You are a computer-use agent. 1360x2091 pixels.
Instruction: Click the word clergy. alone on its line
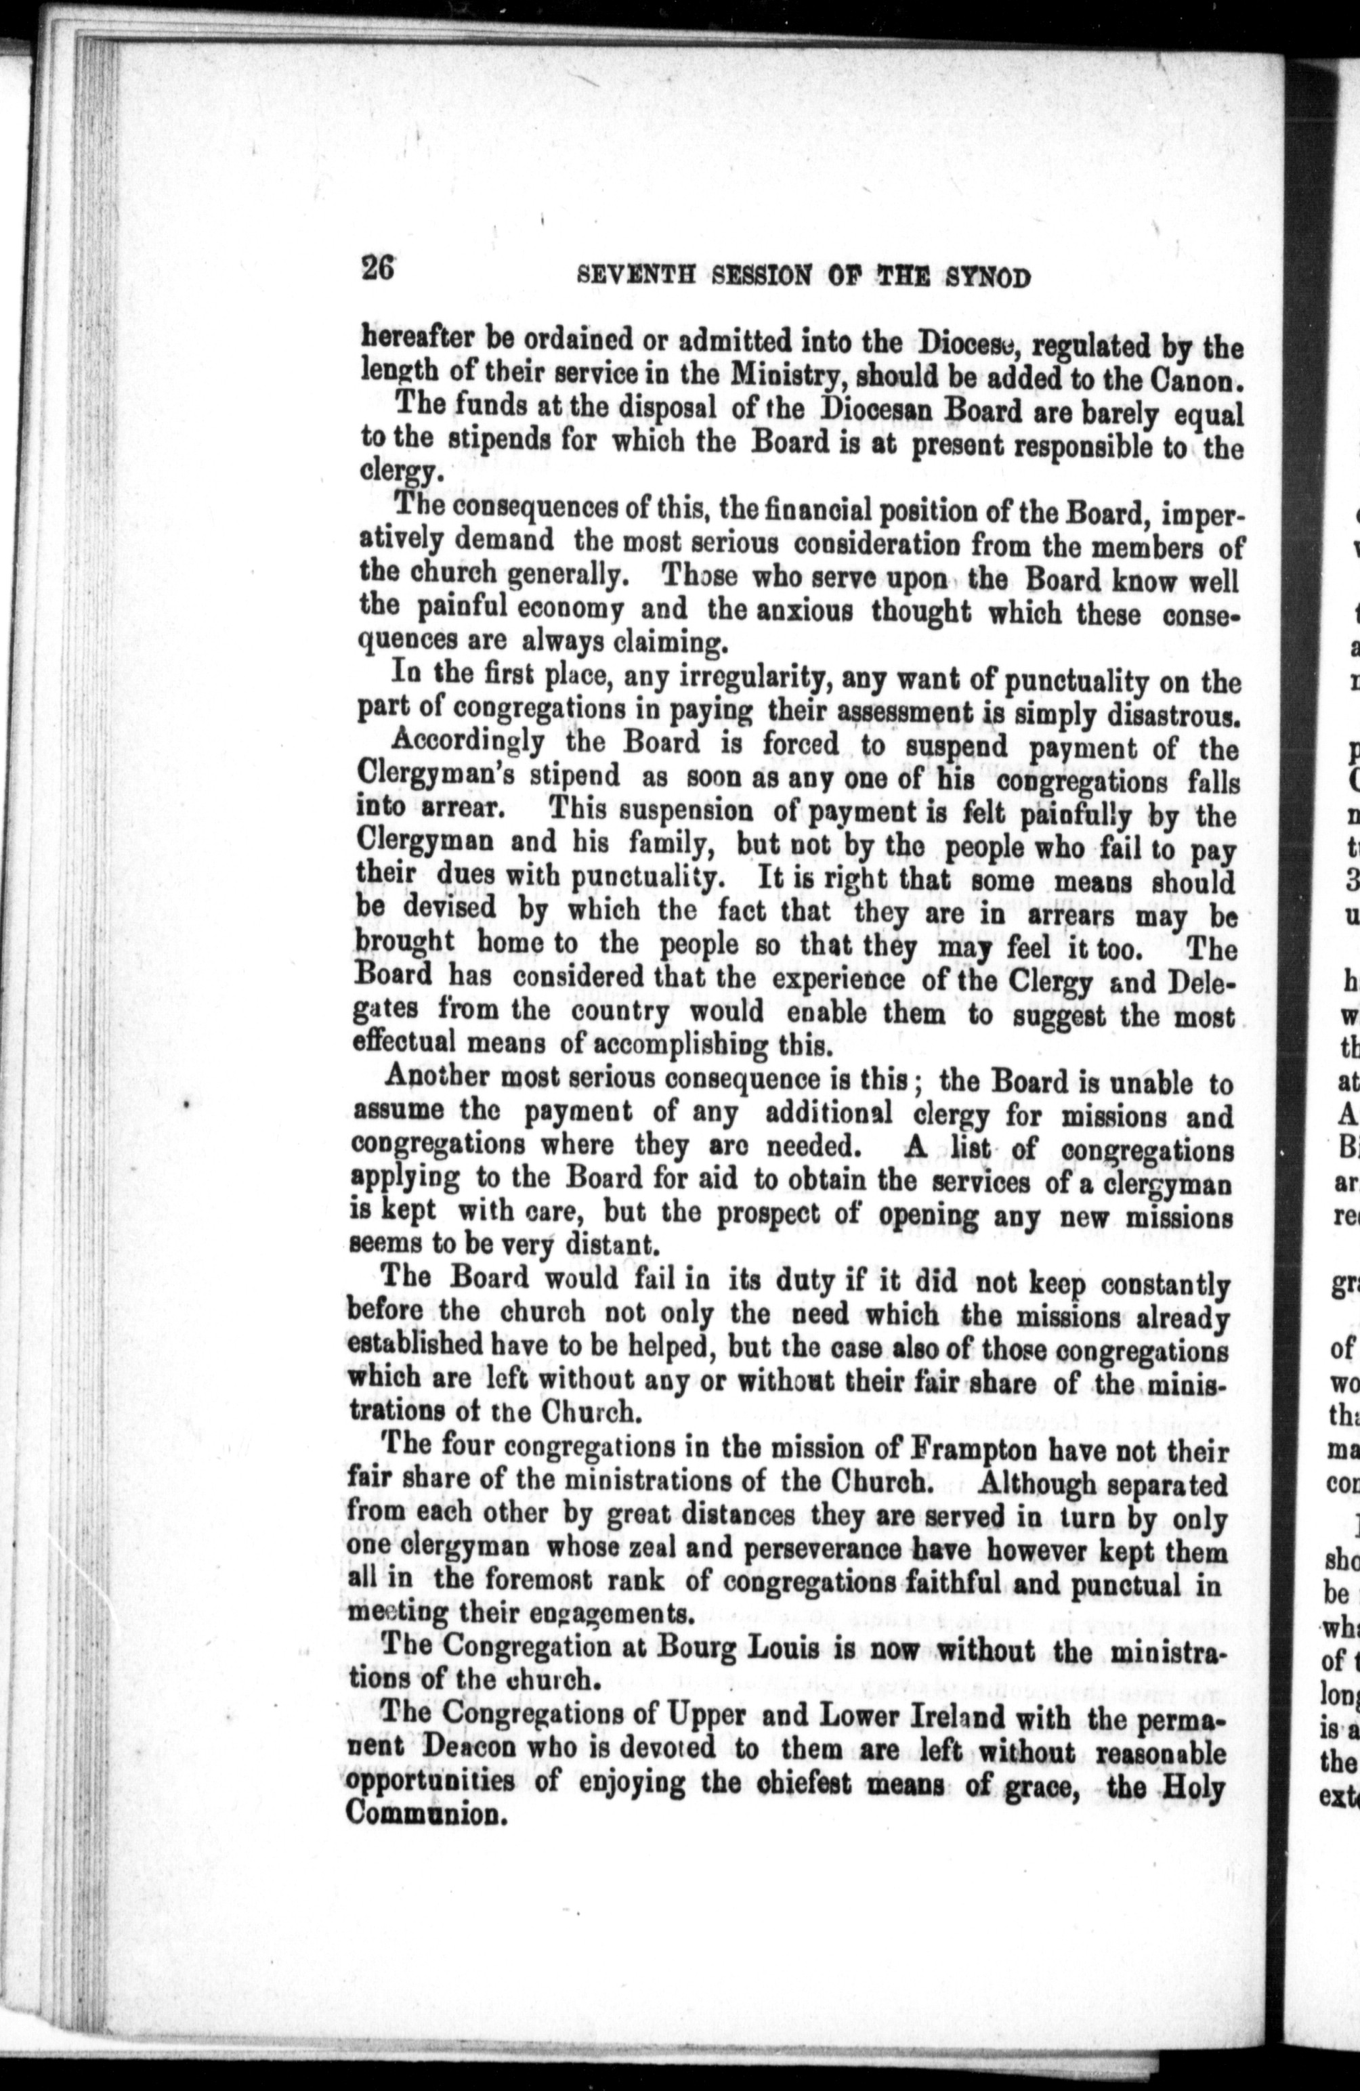pos(396,473)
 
